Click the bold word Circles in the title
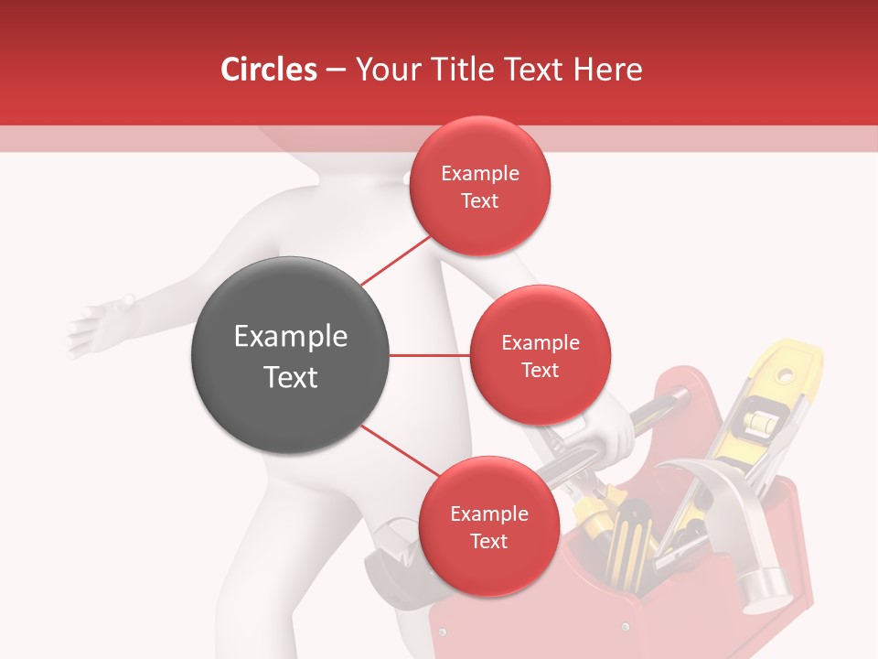[269, 70]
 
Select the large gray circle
[290, 355]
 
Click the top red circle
[479, 186]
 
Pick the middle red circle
[540, 355]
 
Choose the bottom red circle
[488, 526]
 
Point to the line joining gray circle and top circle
[395, 260]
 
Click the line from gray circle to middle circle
[429, 355]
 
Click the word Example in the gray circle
[290, 337]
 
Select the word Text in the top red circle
[479, 201]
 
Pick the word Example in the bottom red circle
[488, 514]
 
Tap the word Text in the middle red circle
[540, 371]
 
